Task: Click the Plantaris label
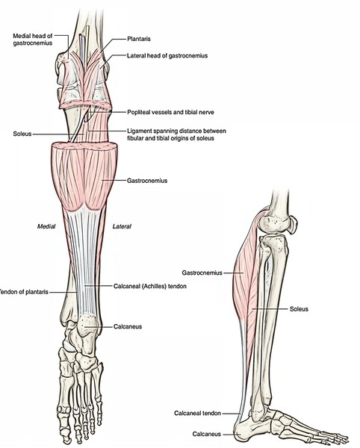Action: click(139, 39)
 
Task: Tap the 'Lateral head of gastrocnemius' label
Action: click(167, 55)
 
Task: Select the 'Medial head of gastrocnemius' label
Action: click(33, 40)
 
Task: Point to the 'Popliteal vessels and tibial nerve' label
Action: click(170, 112)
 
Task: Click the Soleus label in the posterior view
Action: click(22, 134)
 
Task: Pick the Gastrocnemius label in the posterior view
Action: click(147, 181)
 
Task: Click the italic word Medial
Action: click(46, 226)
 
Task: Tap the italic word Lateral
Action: click(122, 226)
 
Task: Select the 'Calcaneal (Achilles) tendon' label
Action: click(150, 286)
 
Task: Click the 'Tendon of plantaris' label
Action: click(24, 292)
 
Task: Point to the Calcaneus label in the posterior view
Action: click(128, 326)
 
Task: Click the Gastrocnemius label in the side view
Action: click(202, 273)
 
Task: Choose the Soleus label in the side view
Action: click(299, 309)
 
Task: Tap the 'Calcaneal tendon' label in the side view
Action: click(197, 413)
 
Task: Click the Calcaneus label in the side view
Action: click(207, 435)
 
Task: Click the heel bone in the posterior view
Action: click(89, 324)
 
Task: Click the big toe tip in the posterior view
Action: click(66, 438)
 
